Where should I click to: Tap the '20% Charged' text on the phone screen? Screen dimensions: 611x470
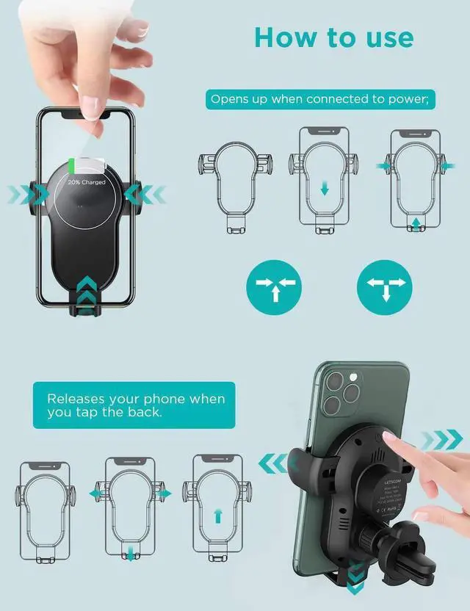tap(87, 181)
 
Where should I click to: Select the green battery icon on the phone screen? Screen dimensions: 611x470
tap(72, 164)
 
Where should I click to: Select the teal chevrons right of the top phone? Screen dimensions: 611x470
tap(144, 195)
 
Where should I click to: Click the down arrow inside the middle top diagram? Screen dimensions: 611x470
tap(323, 189)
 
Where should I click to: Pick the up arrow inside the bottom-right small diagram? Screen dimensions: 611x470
tap(217, 516)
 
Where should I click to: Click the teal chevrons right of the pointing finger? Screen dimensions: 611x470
tap(440, 440)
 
